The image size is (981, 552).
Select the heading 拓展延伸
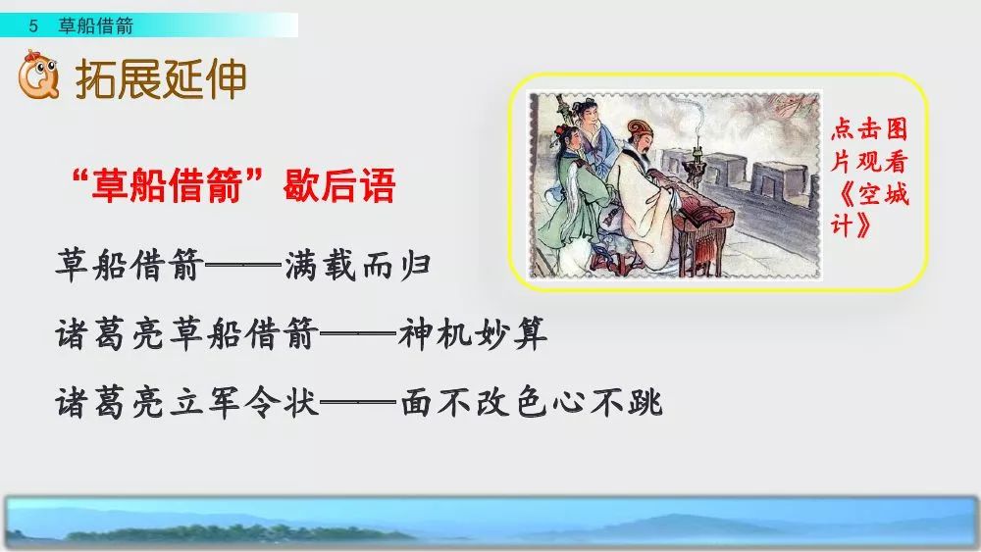[161, 79]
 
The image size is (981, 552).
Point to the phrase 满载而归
[358, 266]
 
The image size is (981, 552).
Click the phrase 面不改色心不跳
[533, 402]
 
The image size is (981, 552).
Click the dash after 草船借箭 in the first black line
[244, 266]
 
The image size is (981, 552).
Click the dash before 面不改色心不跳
[360, 402]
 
